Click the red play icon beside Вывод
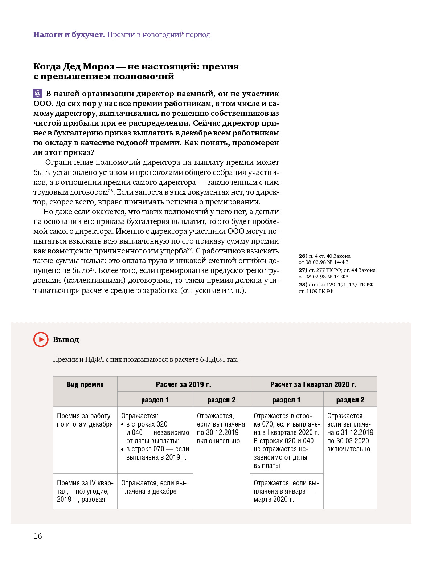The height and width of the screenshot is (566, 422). pos(41,339)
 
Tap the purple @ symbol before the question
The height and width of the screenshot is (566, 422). pos(37,94)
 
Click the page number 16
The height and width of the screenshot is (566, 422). pos(38,536)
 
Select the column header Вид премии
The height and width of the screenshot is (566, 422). pos(85,384)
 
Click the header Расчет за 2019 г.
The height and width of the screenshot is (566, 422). pos(183,384)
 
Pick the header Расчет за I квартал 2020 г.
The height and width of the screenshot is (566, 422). pos(313,384)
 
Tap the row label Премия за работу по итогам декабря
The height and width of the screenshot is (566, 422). pos(85,420)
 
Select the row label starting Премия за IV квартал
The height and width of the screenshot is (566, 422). pos(85,491)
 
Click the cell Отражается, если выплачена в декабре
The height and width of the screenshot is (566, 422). pos(154,487)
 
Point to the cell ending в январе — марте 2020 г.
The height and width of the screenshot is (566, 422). pos(286,491)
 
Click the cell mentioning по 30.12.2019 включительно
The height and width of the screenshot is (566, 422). pos(221,428)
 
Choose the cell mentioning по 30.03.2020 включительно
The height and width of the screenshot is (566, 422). pos(350,432)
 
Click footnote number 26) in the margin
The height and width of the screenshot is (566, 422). pos(303,256)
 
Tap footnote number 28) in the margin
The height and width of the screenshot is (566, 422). pos(303,285)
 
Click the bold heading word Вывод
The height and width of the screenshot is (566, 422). pos(66,340)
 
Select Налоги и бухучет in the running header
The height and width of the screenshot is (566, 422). pos(69,35)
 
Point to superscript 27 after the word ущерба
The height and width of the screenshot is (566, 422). pos(189,249)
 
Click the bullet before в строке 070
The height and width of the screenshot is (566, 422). pos(123,449)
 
